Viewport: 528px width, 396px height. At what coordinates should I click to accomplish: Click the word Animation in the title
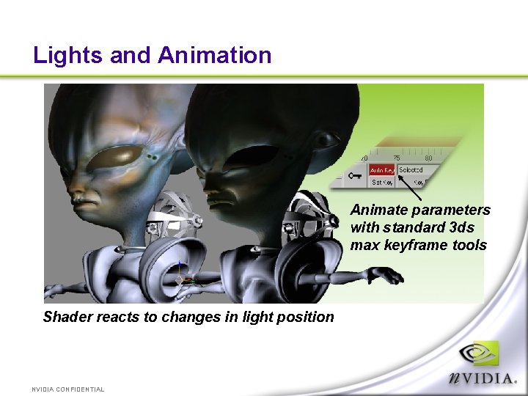point(214,55)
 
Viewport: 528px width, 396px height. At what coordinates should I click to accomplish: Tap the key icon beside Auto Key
point(356,175)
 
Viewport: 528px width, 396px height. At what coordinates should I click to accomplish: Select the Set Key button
point(381,182)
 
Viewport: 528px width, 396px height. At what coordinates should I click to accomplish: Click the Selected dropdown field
point(411,170)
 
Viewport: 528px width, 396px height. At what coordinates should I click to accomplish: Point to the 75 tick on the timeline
point(396,158)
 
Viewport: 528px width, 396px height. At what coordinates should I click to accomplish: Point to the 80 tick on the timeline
point(428,158)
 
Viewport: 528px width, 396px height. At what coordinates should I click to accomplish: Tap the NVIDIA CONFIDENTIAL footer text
point(68,389)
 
